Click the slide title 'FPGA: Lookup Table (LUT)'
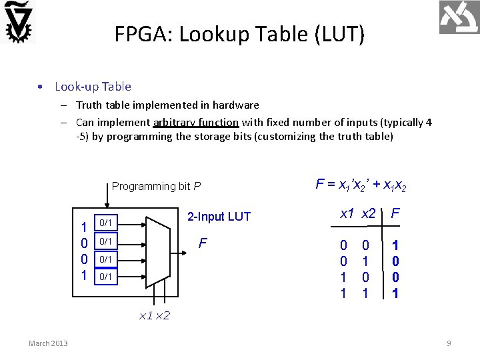[239, 33]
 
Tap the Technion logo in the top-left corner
[19, 21]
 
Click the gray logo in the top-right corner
[459, 17]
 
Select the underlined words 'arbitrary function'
[195, 122]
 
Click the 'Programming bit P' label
[156, 186]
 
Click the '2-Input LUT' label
[219, 217]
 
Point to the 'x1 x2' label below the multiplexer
[154, 315]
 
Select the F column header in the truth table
[395, 214]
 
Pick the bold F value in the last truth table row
[395, 292]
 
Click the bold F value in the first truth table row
[395, 246]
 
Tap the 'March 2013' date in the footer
[48, 343]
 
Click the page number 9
[449, 343]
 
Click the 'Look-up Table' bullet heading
[93, 86]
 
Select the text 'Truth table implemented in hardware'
[167, 105]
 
